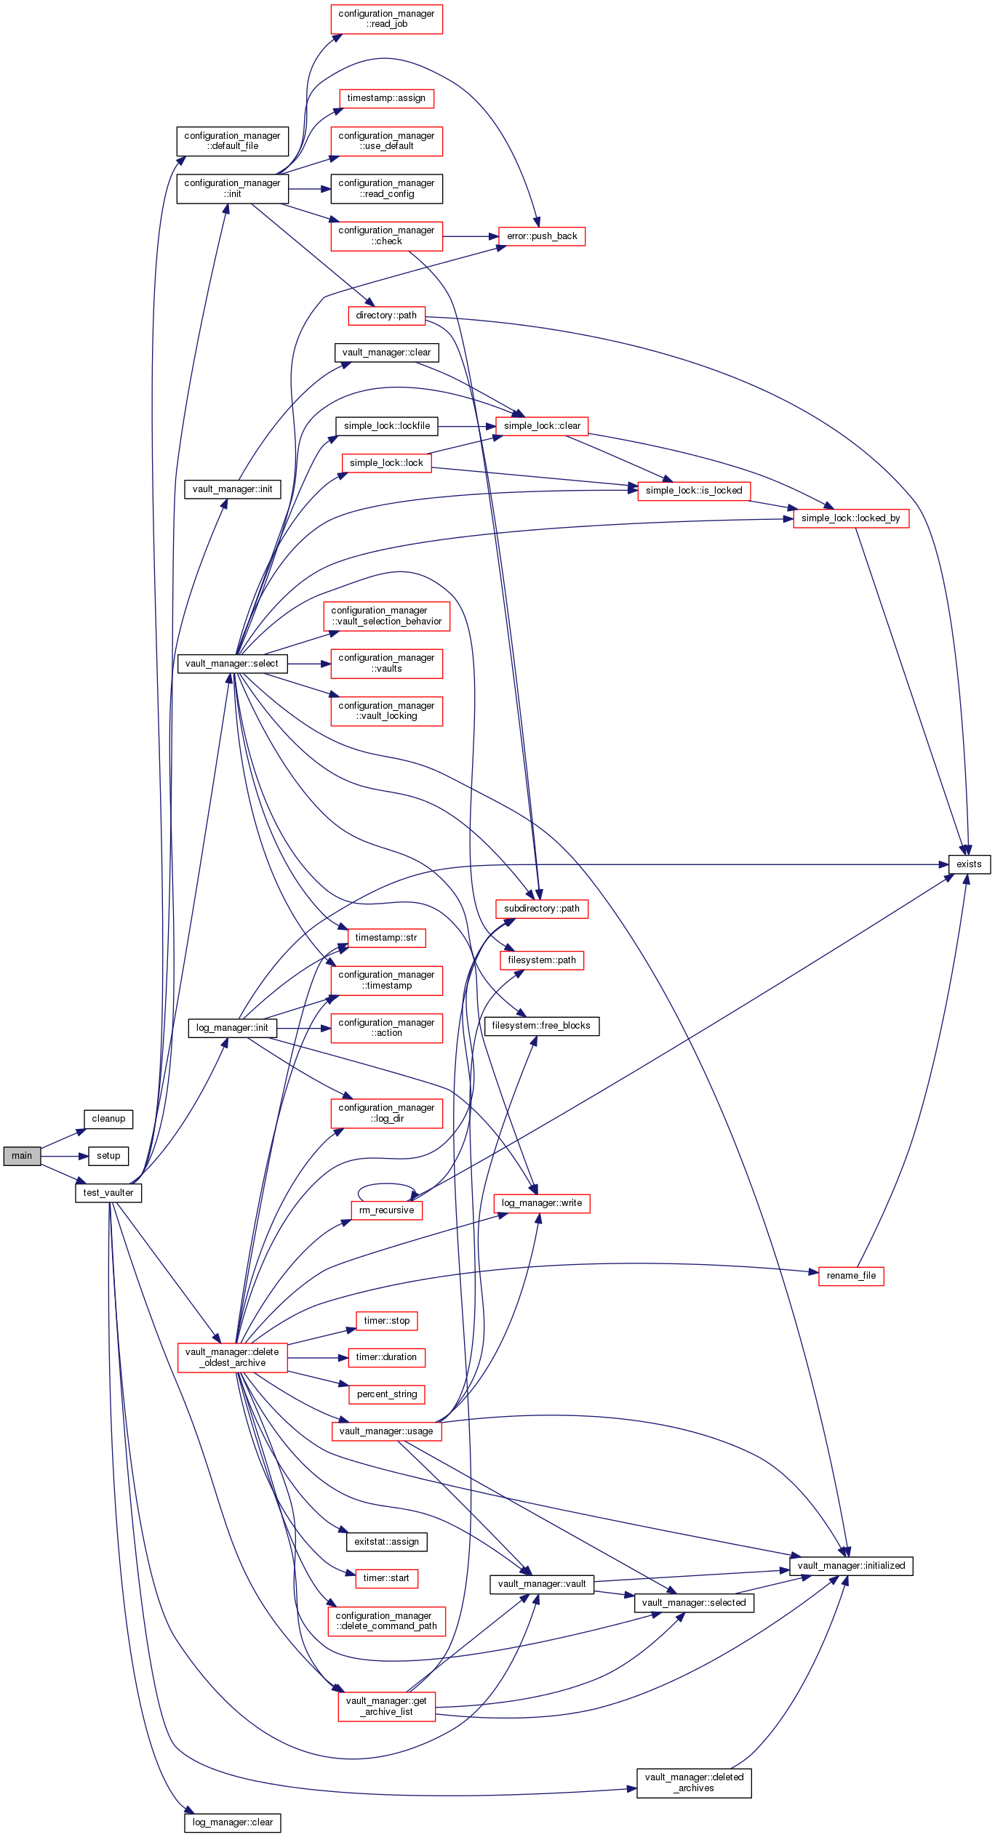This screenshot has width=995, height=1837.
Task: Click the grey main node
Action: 22,1155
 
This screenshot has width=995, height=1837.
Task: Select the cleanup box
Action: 108,1118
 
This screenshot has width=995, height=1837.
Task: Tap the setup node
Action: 108,1155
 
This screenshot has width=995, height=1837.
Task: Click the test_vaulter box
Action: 108,1192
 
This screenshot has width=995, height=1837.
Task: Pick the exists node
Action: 969,864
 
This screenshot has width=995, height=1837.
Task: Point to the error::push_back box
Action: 542,236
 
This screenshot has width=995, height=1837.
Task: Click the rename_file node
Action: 851,1275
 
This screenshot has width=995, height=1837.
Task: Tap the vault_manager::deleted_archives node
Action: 694,1782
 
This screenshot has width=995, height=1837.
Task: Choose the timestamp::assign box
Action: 386,98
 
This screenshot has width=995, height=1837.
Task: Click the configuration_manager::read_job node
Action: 386,19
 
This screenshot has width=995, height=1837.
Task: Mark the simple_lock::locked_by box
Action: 850,518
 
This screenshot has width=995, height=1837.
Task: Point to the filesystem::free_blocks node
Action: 541,1025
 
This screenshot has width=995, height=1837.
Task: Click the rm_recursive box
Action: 386,1210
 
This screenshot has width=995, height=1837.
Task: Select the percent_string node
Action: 386,1394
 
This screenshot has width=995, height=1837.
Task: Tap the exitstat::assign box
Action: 386,1541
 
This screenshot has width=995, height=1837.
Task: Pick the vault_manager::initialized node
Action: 851,1565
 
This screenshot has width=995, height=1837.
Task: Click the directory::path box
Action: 386,315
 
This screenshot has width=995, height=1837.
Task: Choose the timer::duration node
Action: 386,1356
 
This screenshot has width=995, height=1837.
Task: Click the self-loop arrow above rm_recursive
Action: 386,1184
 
